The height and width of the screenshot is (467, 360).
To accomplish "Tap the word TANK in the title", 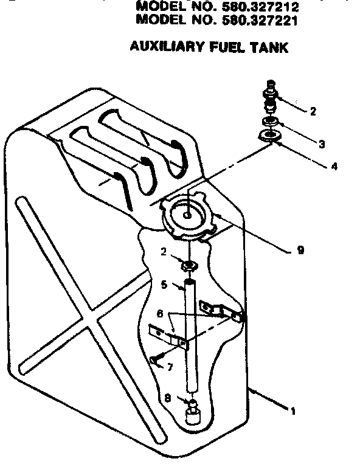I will click(271, 47).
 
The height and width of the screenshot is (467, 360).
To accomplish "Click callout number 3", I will click(322, 144).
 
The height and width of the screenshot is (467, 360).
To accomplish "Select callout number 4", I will click(334, 165).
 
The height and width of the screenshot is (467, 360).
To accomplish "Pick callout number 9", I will click(300, 249).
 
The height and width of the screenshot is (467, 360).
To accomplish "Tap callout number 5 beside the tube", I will click(164, 283).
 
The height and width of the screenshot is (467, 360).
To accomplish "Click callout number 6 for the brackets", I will click(160, 314).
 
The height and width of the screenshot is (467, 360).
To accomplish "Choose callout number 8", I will click(167, 400).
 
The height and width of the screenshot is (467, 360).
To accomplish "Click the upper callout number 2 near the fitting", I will click(313, 111).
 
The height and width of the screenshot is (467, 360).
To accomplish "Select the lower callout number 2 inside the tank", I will click(164, 251).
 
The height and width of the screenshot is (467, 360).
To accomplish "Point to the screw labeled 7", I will click(157, 360).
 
